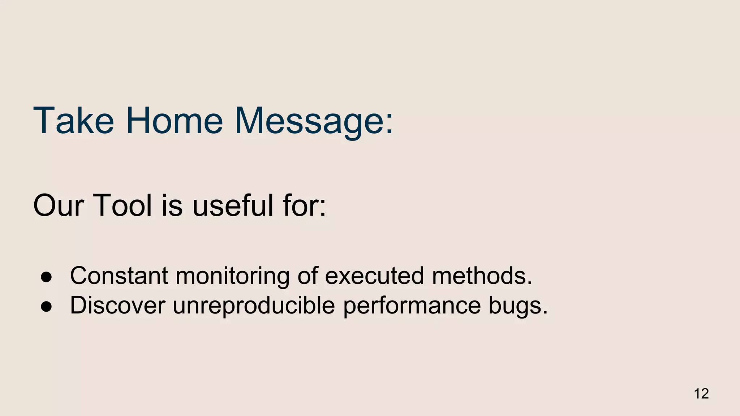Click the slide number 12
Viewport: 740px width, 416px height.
pos(701,394)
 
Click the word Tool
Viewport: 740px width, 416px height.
pos(122,206)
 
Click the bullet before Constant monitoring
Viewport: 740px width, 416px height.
pos(46,277)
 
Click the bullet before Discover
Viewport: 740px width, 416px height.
pos(46,306)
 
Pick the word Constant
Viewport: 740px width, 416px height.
pos(119,276)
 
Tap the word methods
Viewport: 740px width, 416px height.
pos(482,276)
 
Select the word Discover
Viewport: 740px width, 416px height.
pos(117,305)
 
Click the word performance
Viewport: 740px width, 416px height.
pos(412,306)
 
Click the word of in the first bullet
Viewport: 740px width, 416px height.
pos(307,276)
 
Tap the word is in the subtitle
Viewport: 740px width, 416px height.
pos(172,206)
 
